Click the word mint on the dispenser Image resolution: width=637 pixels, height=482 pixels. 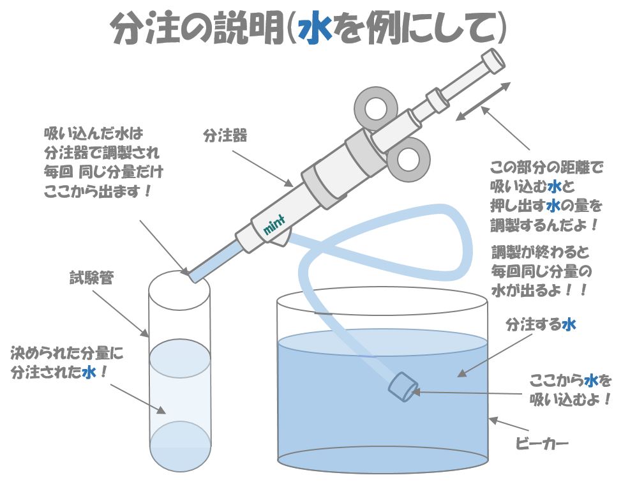(x=273, y=225)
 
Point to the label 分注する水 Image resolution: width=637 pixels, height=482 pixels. (x=541, y=324)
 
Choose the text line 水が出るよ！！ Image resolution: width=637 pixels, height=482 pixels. (x=539, y=289)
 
